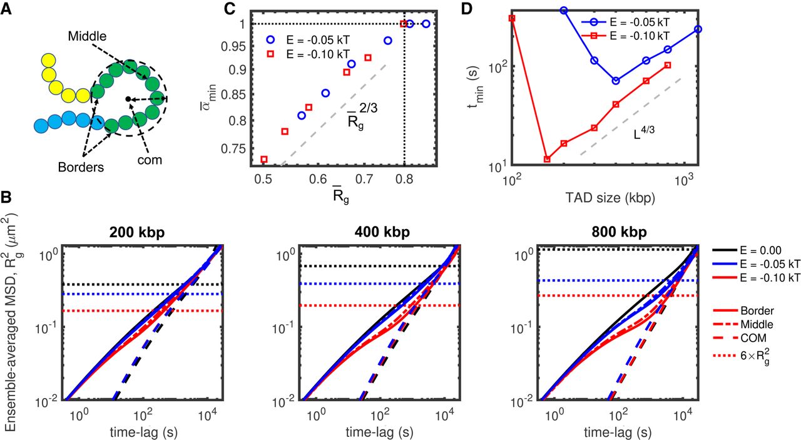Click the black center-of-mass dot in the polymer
[x=128, y=99]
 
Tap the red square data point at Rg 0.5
[x=264, y=160]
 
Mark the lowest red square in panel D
[x=547, y=159]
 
